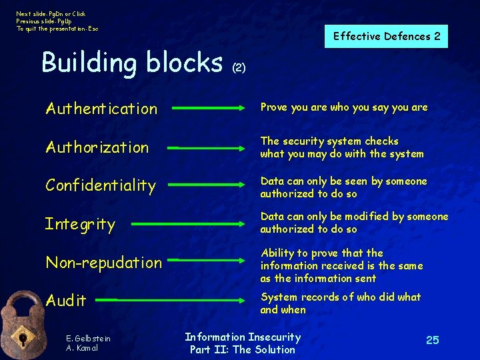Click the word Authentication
tap(101, 108)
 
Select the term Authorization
tap(97, 147)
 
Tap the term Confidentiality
tap(100, 185)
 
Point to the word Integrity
tap(80, 224)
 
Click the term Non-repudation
tap(103, 263)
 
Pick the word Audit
tap(65, 301)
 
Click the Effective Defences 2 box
tap(387, 37)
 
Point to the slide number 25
tap(433, 341)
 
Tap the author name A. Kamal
tap(83, 348)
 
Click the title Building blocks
tap(132, 62)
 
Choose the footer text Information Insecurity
tap(243, 337)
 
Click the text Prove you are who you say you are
tap(344, 107)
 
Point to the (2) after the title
tap(239, 68)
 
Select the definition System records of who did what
tap(341, 297)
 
